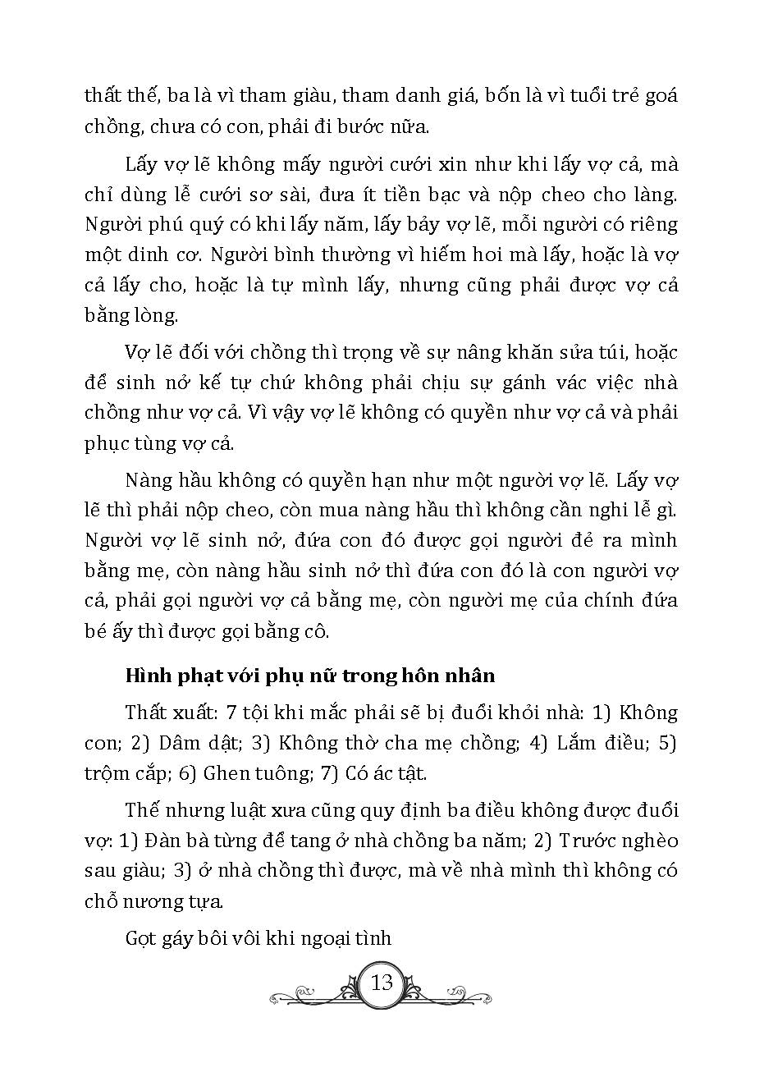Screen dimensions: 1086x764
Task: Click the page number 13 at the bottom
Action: click(382, 983)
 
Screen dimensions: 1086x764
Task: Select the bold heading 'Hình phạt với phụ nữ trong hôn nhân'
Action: click(310, 676)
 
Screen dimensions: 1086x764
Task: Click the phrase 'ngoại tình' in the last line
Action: click(351, 938)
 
